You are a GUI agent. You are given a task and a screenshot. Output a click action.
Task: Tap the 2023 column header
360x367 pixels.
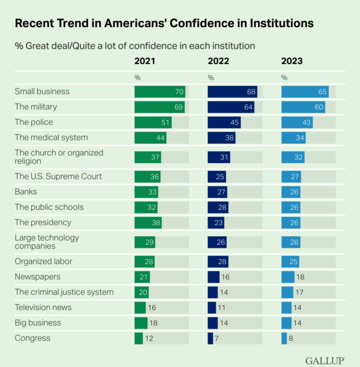pos(293,61)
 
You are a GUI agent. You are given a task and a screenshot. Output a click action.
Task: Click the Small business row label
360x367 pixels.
pos(42,92)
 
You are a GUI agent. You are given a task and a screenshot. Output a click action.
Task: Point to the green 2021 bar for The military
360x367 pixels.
pos(159,107)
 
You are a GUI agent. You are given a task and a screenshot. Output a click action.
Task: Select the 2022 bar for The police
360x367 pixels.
pos(224,122)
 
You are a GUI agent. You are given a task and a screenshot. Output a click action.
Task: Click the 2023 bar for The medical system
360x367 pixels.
pos(294,138)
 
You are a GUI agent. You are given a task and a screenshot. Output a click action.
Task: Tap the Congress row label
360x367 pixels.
pos(32,338)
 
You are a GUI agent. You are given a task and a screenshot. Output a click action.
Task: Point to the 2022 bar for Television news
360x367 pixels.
pos(212,307)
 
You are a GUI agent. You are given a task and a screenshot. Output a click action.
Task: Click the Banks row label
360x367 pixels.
pos(26,192)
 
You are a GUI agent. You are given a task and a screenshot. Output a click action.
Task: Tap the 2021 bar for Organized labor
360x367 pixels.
pos(145,261)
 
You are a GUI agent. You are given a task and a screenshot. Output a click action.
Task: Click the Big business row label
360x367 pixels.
pos(38,323)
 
